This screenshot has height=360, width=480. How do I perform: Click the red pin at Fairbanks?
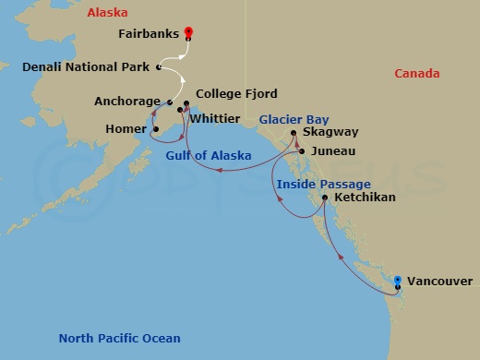pos(188,33)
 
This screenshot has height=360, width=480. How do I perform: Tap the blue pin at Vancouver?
pos(397,281)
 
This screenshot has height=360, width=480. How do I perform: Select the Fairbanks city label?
pos(150,33)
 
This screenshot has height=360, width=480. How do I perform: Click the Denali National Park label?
pos(87,67)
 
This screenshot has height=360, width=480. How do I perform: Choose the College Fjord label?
pos(236,94)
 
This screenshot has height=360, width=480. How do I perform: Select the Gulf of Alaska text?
pos(208,155)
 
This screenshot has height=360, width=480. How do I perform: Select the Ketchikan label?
pos(366,198)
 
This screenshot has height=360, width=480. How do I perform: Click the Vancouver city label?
pos(439,281)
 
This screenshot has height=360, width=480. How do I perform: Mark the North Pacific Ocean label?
pos(119,338)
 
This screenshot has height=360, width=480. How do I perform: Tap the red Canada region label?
pos(416,74)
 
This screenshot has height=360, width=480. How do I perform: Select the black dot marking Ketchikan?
pos(325,198)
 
